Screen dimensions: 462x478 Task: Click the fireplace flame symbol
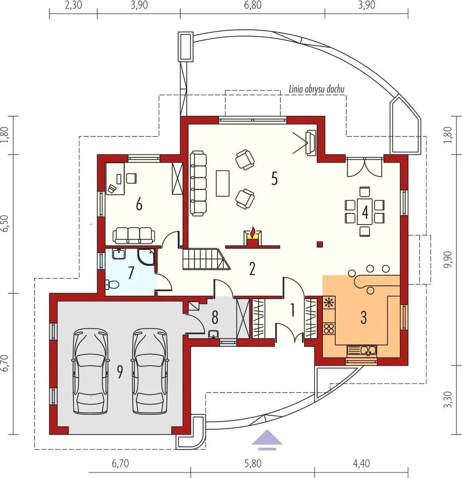point(252,232)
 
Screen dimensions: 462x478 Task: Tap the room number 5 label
point(275,179)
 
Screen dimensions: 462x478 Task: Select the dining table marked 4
point(365,211)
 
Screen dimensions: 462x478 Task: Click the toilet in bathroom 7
point(112,284)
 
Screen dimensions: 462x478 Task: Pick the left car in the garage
point(90,371)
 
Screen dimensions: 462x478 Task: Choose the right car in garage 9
point(150,371)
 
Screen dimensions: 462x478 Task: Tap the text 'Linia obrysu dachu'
point(316,89)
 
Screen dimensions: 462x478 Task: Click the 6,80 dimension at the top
point(253,6)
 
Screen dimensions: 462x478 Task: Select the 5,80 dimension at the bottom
point(253,464)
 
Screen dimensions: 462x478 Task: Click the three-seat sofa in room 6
point(134,235)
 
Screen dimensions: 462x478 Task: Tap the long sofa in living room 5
point(198,183)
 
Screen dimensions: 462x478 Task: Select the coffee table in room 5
point(223,183)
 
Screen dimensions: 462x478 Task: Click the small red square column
point(320,244)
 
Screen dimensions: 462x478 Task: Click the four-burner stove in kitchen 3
point(329,328)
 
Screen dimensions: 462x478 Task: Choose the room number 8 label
point(215,317)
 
